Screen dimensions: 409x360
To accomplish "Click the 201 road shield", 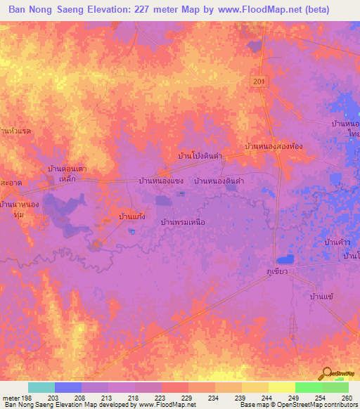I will (x=259, y=83).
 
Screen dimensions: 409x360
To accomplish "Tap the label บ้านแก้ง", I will (x=131, y=217).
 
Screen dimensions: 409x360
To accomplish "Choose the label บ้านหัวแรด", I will (x=16, y=131).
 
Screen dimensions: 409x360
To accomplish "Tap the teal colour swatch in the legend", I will (x=41, y=387).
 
